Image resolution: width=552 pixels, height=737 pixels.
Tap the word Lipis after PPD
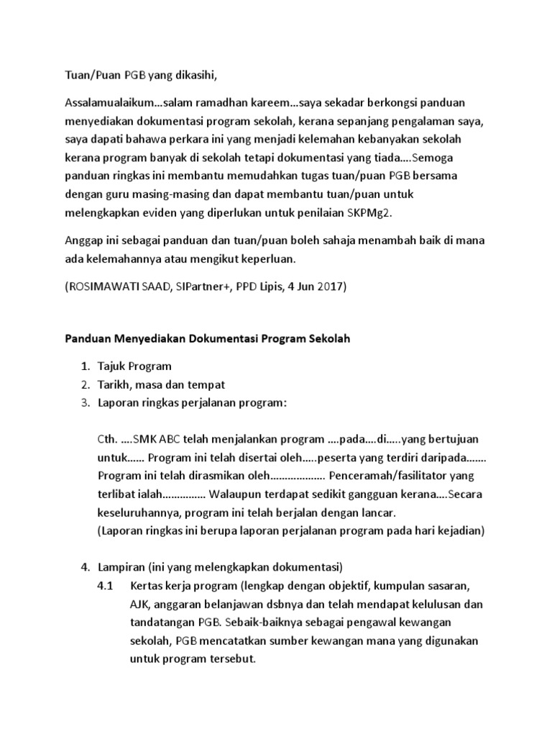click(259, 286)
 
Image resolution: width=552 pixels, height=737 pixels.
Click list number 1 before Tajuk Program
click(85, 366)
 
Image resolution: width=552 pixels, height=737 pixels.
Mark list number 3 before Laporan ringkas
click(85, 403)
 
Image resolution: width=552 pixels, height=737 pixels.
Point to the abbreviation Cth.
click(107, 439)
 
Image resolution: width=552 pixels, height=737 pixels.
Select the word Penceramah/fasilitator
click(391, 476)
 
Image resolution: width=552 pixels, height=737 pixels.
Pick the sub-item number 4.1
click(106, 584)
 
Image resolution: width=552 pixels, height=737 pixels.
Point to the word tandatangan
click(155, 621)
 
